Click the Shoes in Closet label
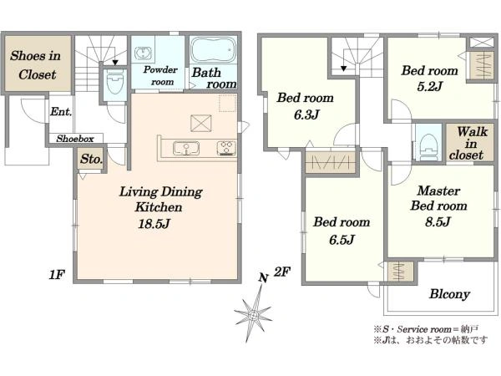(x=35, y=65)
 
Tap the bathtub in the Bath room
(x=213, y=50)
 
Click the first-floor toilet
(x=114, y=82)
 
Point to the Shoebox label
(x=75, y=139)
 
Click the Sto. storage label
(x=91, y=159)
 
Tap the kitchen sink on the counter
(x=186, y=149)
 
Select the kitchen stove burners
(x=226, y=148)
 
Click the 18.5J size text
(x=154, y=223)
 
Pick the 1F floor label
(x=57, y=274)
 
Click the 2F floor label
(x=282, y=272)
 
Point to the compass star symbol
(x=253, y=314)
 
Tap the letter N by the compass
(x=263, y=278)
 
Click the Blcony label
(x=449, y=294)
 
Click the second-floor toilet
(x=428, y=147)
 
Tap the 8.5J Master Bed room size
(x=438, y=221)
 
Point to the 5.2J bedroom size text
(x=429, y=86)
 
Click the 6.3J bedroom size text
(x=306, y=114)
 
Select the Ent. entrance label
(x=61, y=112)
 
